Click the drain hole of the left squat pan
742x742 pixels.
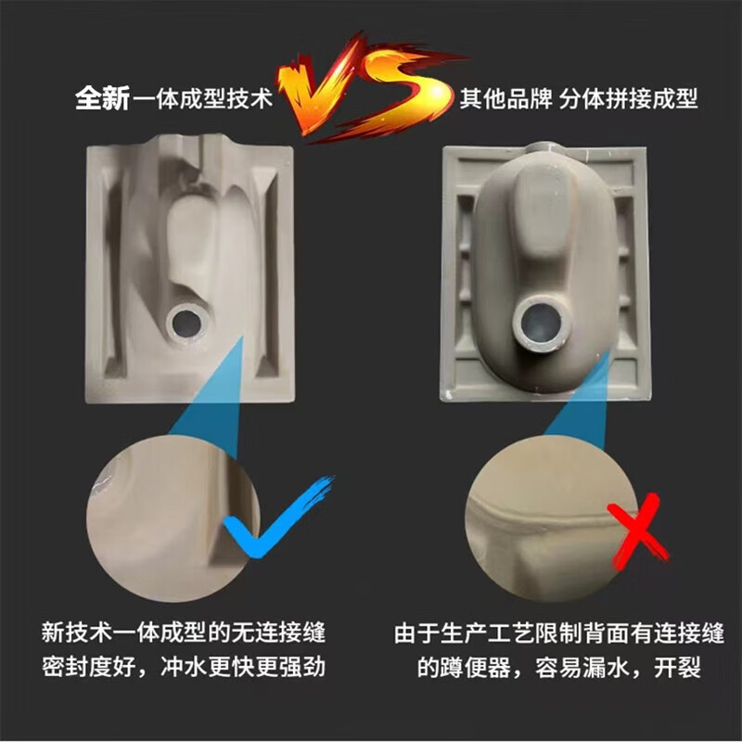point(185,321)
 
